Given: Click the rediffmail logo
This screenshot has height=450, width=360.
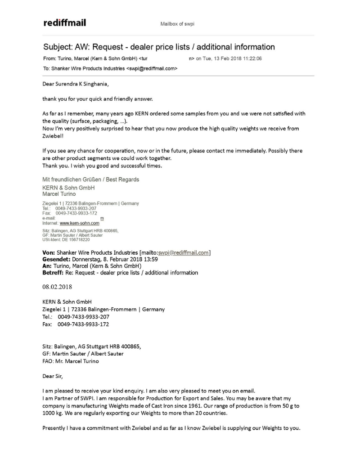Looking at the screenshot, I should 65,22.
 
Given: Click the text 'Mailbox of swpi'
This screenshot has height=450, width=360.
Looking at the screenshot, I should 177,24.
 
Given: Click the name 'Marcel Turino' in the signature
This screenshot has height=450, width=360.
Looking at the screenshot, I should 58,194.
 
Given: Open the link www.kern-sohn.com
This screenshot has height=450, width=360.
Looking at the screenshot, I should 80,223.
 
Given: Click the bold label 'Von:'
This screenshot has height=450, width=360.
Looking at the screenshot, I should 49,252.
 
